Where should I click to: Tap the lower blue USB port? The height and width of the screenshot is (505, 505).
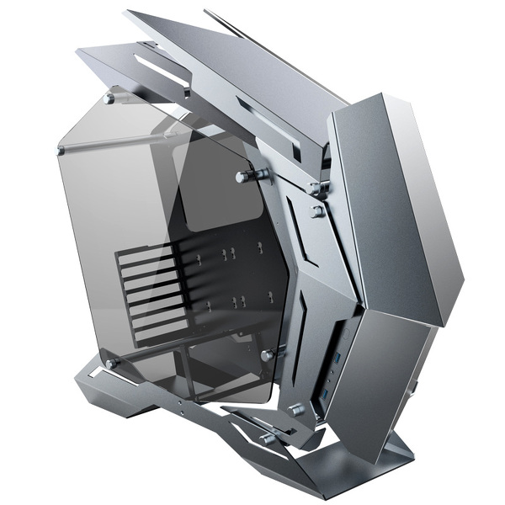327,396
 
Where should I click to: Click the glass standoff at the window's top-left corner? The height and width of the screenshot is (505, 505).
109,98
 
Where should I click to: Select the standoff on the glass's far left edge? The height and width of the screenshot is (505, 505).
61,151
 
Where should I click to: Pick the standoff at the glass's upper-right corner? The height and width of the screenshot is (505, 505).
252,176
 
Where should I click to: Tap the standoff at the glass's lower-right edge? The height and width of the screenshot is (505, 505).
268,355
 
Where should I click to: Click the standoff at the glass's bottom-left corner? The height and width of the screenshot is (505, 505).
111,364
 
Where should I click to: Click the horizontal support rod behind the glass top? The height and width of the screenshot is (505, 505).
126,143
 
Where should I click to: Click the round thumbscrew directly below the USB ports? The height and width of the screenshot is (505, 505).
296,410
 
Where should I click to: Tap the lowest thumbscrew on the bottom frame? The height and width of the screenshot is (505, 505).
268,438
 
